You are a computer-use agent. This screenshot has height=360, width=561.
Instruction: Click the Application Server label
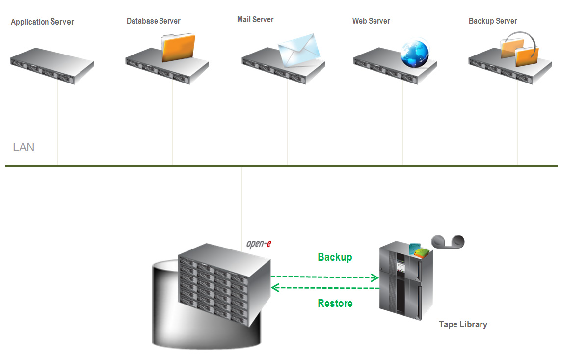click(x=43, y=22)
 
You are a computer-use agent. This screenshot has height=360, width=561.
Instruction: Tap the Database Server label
click(x=154, y=21)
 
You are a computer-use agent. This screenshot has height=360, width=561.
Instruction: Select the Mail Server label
click(x=255, y=19)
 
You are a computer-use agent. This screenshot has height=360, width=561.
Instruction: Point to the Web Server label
click(x=371, y=21)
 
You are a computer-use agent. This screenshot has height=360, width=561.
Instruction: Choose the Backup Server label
click(x=493, y=21)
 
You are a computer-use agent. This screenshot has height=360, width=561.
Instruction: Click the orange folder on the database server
click(x=178, y=47)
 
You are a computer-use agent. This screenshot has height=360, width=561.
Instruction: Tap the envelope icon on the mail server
click(x=299, y=51)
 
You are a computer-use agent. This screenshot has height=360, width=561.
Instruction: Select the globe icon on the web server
click(x=415, y=54)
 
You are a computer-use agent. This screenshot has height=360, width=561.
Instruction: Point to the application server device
click(x=52, y=66)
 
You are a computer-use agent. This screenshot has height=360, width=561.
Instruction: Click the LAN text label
click(x=24, y=147)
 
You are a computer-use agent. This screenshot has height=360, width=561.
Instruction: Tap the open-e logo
click(x=259, y=244)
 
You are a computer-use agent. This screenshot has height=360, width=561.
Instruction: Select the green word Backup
click(x=335, y=257)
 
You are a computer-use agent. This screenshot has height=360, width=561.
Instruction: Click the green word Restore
click(x=335, y=304)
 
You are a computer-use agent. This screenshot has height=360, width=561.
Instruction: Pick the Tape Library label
click(x=463, y=324)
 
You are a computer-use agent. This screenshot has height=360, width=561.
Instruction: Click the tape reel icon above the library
click(x=448, y=242)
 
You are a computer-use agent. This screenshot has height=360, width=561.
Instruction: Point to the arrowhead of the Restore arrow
click(x=275, y=287)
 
